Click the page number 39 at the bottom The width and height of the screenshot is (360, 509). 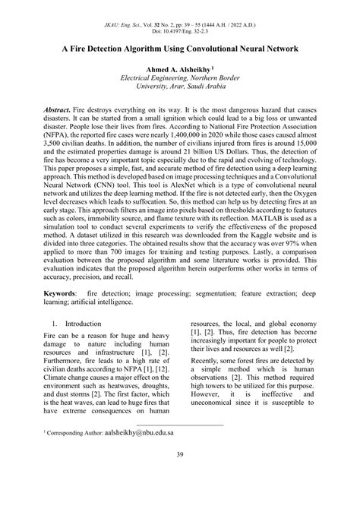tap(179, 476)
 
